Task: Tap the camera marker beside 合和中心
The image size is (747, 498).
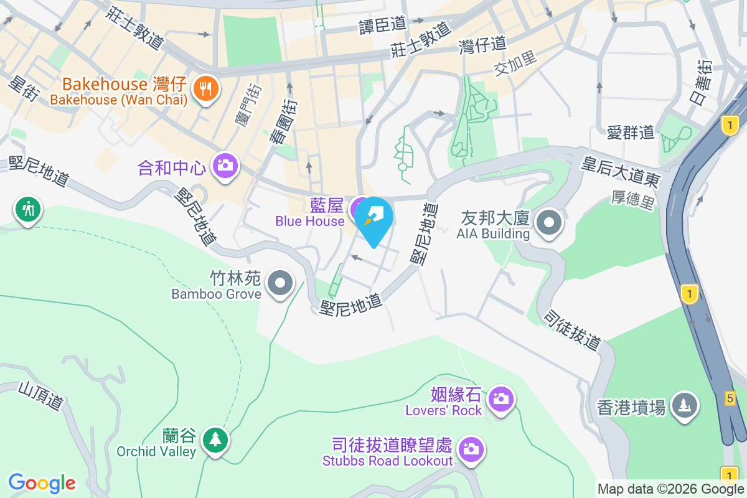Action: (225, 166)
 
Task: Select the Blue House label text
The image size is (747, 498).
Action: (310, 221)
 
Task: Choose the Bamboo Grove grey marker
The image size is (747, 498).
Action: (280, 283)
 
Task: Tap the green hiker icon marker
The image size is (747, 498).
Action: (27, 209)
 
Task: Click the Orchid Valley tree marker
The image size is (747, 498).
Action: (215, 440)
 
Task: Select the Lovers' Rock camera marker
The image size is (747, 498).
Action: (500, 397)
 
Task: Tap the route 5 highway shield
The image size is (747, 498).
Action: (730, 397)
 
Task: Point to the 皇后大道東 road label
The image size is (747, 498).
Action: (621, 172)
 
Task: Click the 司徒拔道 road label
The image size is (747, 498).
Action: (572, 329)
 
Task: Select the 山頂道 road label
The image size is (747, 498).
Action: (40, 396)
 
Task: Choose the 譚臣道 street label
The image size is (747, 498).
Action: (382, 25)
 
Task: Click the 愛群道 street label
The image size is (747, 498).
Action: (631, 132)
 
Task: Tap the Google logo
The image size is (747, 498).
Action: (42, 483)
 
